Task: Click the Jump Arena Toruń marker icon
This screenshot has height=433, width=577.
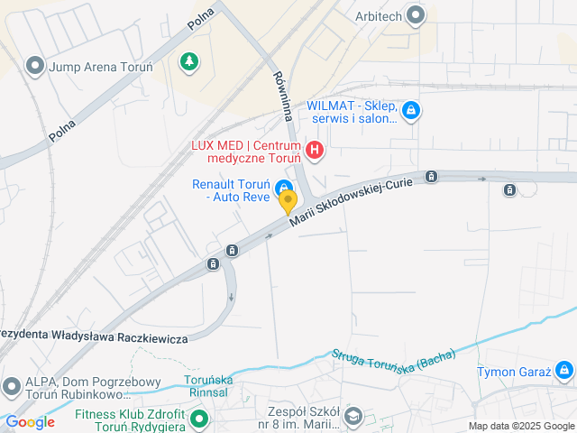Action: (x=35, y=67)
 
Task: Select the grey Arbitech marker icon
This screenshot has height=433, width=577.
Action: (x=415, y=14)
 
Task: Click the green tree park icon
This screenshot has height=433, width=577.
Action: (x=188, y=61)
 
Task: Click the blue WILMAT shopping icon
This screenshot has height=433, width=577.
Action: (x=411, y=111)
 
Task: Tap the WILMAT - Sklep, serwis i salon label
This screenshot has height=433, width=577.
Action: (x=352, y=111)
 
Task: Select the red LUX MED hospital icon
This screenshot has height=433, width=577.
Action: (x=314, y=150)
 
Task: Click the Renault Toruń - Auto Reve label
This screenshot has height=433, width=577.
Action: (x=231, y=190)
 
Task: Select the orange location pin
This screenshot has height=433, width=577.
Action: (x=288, y=201)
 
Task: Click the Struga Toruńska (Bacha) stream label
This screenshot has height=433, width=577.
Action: (x=393, y=359)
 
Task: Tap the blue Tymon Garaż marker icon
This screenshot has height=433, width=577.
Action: (x=563, y=369)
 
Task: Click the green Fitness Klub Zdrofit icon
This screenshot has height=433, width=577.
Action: (x=200, y=419)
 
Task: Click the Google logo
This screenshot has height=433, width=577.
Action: (x=30, y=422)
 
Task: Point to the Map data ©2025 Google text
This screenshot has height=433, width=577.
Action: (x=520, y=426)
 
